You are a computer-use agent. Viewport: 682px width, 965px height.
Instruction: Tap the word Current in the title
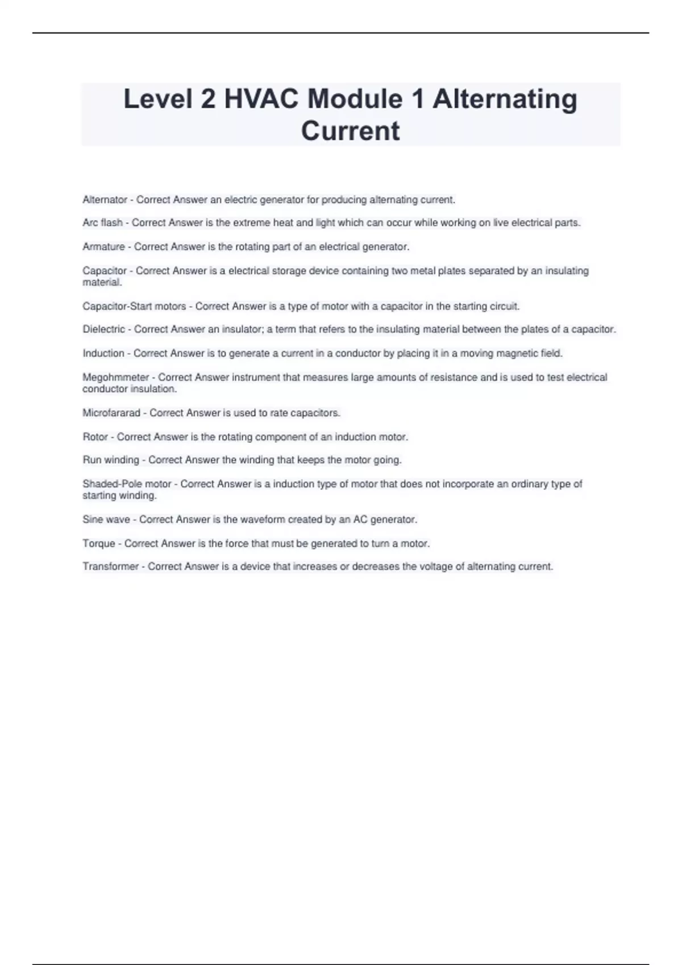pos(350,131)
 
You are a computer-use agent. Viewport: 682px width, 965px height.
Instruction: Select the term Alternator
pos(105,200)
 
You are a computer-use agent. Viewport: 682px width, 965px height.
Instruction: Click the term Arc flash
pos(102,223)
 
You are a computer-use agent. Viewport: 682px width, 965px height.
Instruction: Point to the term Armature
pos(103,247)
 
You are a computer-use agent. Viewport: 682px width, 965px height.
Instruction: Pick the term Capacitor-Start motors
pos(134,307)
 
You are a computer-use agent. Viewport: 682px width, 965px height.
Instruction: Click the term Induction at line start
pos(103,353)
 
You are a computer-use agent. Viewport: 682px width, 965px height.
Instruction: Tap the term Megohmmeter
pos(115,377)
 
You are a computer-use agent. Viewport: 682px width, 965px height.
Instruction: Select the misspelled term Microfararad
pos(111,413)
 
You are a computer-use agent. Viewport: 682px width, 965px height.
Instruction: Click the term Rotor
pos(95,437)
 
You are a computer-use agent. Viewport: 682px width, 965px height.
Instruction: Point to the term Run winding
pos(111,460)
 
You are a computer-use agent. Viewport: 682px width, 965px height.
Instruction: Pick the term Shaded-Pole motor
pos(127,484)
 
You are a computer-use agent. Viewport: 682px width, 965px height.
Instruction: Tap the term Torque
pos(99,544)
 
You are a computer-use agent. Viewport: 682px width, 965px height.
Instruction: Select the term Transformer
pos(110,567)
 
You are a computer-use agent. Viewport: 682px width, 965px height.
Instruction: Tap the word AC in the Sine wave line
pos(360,519)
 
